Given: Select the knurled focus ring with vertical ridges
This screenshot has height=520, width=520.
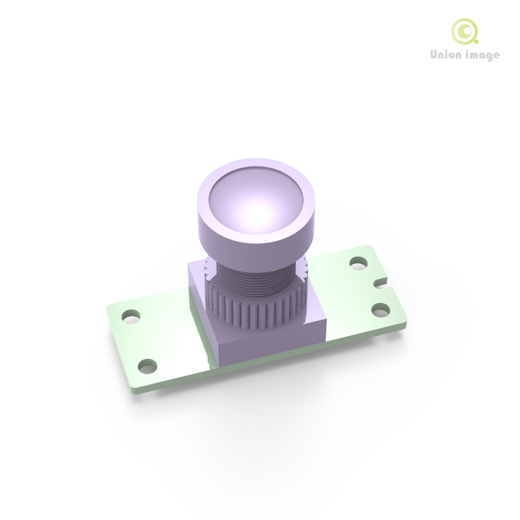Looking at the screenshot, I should click(x=253, y=312).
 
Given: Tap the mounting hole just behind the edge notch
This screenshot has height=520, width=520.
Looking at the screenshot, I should click(x=358, y=263).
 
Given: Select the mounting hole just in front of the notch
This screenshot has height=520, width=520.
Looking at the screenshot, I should click(x=382, y=309).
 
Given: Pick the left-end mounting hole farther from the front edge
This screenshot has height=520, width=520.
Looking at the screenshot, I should click(x=131, y=316).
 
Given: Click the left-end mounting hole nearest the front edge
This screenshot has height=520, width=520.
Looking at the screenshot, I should click(x=149, y=367).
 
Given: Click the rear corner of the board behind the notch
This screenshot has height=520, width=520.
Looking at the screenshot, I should click(x=369, y=246).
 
